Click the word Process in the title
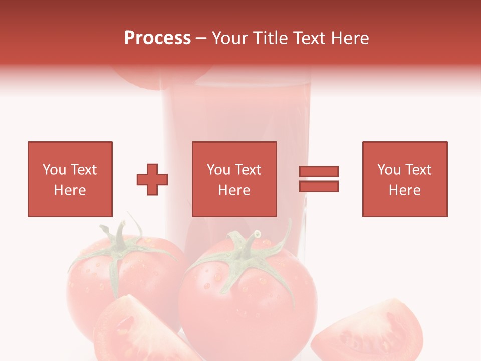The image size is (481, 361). (x=157, y=38)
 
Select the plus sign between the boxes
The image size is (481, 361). (x=152, y=179)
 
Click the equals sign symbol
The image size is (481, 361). (x=319, y=179)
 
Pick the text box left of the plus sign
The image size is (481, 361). (x=70, y=179)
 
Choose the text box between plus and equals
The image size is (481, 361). (x=234, y=179)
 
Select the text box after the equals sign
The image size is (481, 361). (x=405, y=179)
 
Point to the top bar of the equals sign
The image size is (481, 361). (x=319, y=172)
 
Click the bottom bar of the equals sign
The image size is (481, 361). (x=319, y=187)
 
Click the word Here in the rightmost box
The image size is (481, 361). (x=405, y=190)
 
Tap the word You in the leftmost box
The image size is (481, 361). (x=54, y=170)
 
